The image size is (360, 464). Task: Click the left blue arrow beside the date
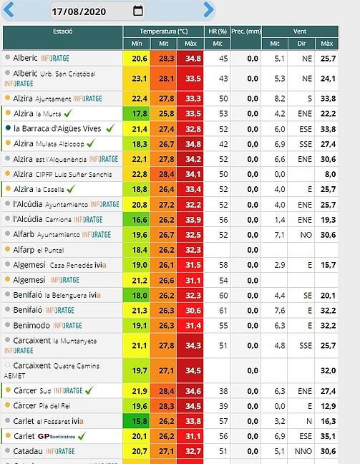(x=9, y=9)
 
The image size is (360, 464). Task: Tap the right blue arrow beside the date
(x=208, y=9)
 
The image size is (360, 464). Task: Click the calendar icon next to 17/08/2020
(x=138, y=11)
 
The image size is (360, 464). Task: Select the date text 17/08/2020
(x=79, y=11)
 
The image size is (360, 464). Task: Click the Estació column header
(x=63, y=31)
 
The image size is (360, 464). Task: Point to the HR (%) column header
(x=218, y=32)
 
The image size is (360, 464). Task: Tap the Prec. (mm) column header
(x=246, y=32)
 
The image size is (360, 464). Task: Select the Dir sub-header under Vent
(x=301, y=44)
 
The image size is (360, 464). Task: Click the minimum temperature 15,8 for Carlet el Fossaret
(x=140, y=421)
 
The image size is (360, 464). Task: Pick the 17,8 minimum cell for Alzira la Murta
(x=140, y=114)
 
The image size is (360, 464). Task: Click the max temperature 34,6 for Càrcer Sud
(x=193, y=391)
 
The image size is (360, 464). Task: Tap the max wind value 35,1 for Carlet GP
(x=328, y=436)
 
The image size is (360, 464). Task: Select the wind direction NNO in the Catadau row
(x=303, y=451)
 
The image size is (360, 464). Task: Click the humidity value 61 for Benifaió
(x=223, y=311)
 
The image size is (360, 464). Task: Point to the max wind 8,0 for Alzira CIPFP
(x=330, y=174)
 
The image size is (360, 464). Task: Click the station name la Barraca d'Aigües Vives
(x=57, y=129)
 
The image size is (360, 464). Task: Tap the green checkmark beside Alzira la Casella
(x=71, y=189)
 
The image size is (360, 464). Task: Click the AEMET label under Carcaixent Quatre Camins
(x=14, y=376)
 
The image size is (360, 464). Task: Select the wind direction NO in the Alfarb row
(x=306, y=235)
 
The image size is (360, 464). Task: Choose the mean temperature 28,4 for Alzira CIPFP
(x=166, y=174)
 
